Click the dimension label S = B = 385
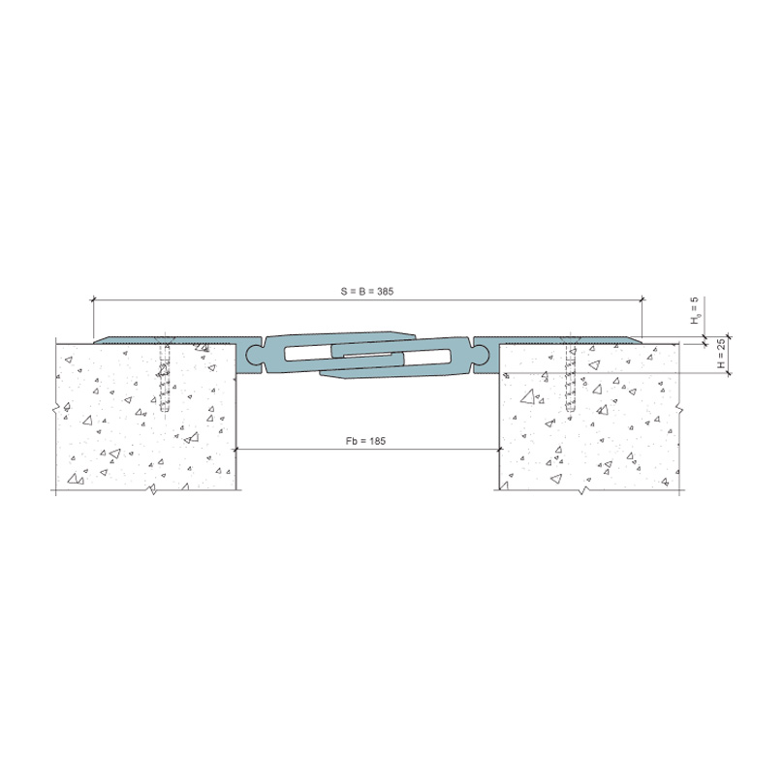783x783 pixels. (367, 291)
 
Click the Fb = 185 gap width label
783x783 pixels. (365, 441)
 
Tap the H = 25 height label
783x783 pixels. (721, 354)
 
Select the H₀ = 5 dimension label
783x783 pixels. (696, 311)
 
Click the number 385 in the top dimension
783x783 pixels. (385, 291)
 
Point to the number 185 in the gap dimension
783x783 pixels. (377, 441)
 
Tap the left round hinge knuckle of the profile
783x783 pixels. (254, 355)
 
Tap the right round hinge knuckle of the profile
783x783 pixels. (482, 355)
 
